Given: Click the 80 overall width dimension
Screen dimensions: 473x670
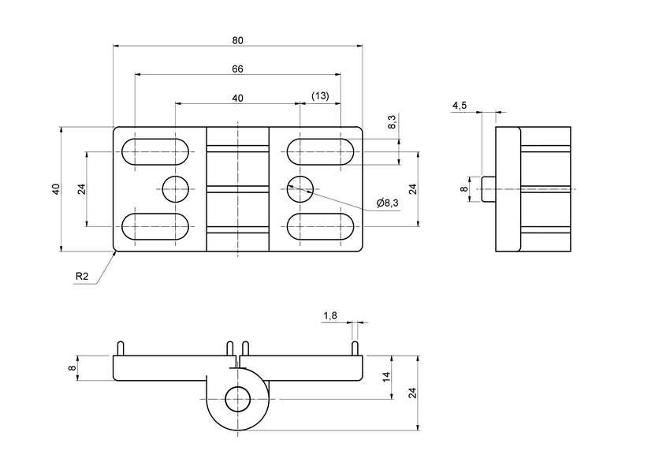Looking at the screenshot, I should (237, 39).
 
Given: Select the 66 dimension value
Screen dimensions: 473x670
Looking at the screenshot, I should (237, 69).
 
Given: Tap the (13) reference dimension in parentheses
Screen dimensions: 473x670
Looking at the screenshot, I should (320, 95).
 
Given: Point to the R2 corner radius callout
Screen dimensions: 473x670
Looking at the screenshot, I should (82, 277).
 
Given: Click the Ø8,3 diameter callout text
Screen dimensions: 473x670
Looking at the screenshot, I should (388, 203).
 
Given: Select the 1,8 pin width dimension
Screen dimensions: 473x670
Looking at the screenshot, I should (330, 315).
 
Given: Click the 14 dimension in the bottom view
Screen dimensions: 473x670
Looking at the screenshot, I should (386, 378).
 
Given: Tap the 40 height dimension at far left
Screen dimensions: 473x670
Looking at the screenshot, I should (55, 189).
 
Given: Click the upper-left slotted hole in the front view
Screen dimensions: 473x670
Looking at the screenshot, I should (155, 151).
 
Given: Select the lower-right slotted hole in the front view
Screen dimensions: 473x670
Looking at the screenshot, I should (320, 226).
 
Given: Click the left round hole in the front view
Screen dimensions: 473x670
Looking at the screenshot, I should (175, 189).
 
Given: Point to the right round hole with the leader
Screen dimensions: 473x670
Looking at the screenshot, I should (300, 189).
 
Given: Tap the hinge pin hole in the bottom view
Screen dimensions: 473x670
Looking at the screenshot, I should (237, 400).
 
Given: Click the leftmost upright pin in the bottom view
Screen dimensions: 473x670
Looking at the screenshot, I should (120, 348).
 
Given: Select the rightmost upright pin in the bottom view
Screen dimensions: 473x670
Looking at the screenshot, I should (355, 348).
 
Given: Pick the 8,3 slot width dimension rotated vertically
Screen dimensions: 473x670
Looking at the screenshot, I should (392, 122).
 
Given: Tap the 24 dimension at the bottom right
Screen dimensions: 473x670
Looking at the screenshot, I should (411, 393).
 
